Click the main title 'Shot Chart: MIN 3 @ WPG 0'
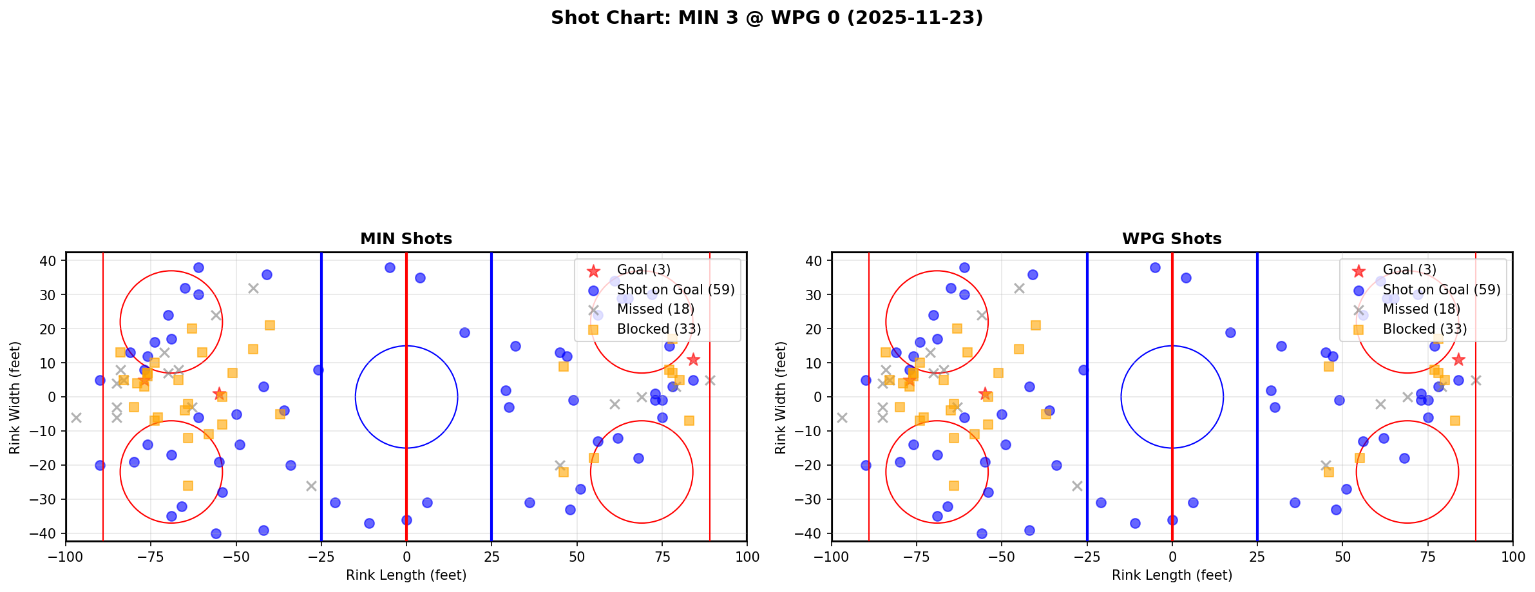[x=767, y=17]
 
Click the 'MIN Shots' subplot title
[x=406, y=239]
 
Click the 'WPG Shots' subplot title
[x=1172, y=239]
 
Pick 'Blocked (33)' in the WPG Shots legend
[x=1424, y=329]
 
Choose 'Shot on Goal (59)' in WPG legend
[x=1441, y=290]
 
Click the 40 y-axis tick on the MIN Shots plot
[x=50, y=261]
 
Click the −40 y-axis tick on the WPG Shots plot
[x=811, y=533]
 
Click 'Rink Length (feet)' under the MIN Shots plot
[x=406, y=575]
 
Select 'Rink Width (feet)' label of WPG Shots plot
[x=781, y=397]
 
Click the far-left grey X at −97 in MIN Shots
[x=76, y=417]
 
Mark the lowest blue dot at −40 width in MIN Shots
[x=216, y=533]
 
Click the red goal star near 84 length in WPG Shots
[x=1458, y=359]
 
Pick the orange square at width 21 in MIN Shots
[x=270, y=325]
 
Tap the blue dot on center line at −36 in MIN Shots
[x=406, y=520]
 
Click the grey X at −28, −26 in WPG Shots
[x=1077, y=486]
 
